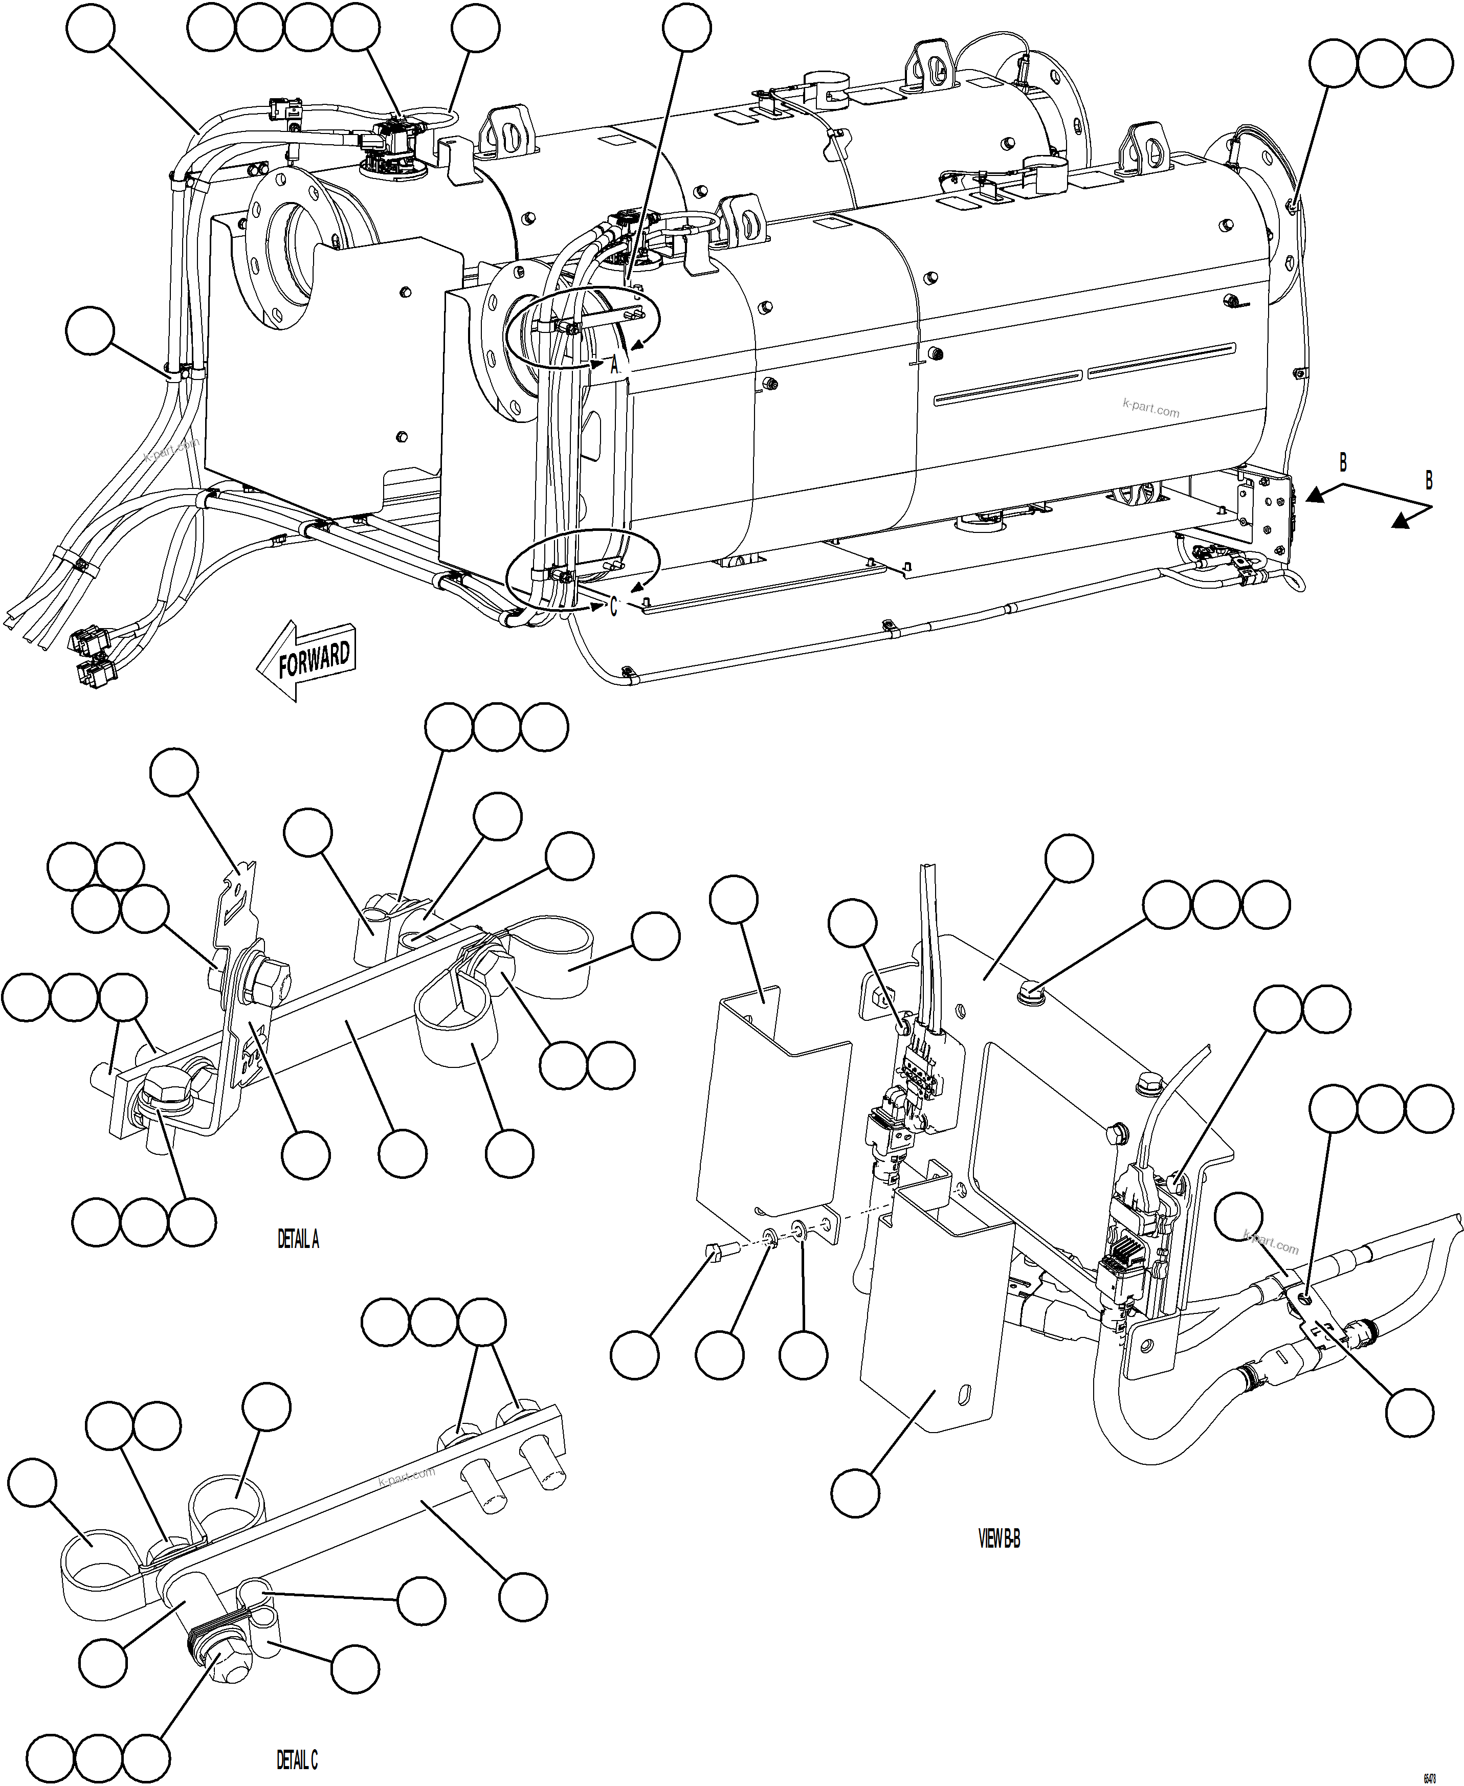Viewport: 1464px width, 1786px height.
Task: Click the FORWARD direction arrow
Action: click(x=306, y=659)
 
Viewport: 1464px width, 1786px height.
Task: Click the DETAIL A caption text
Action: click(x=299, y=1239)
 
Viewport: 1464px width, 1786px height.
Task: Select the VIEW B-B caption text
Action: click(x=1000, y=1539)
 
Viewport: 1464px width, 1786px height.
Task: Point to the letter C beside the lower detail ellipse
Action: click(x=614, y=606)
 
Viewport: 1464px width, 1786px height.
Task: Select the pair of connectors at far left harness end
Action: click(x=90, y=654)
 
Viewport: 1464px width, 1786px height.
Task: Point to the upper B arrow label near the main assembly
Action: click(x=1343, y=463)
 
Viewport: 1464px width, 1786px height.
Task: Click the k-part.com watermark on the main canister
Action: click(x=1151, y=410)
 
